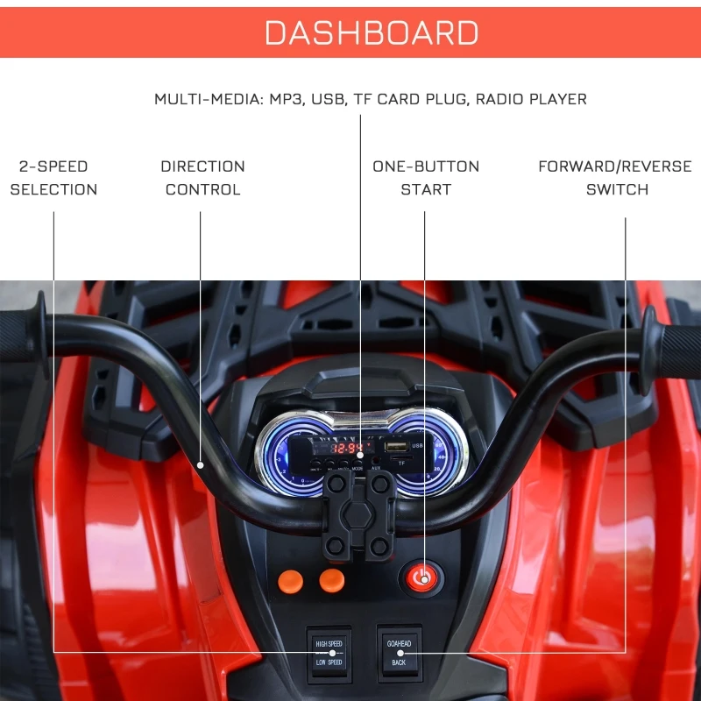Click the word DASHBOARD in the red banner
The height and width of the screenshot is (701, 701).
[x=372, y=32]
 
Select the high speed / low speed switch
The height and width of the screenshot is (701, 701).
[x=329, y=653]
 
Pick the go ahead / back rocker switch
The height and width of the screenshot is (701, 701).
[x=399, y=653]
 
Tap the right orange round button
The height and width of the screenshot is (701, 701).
[x=331, y=579]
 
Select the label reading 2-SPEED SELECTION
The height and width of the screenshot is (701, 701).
[x=53, y=178]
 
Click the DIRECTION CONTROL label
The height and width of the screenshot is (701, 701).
[x=202, y=178]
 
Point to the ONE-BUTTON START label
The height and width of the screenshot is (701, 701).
[x=426, y=178]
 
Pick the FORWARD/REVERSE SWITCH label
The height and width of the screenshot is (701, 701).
[x=615, y=178]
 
